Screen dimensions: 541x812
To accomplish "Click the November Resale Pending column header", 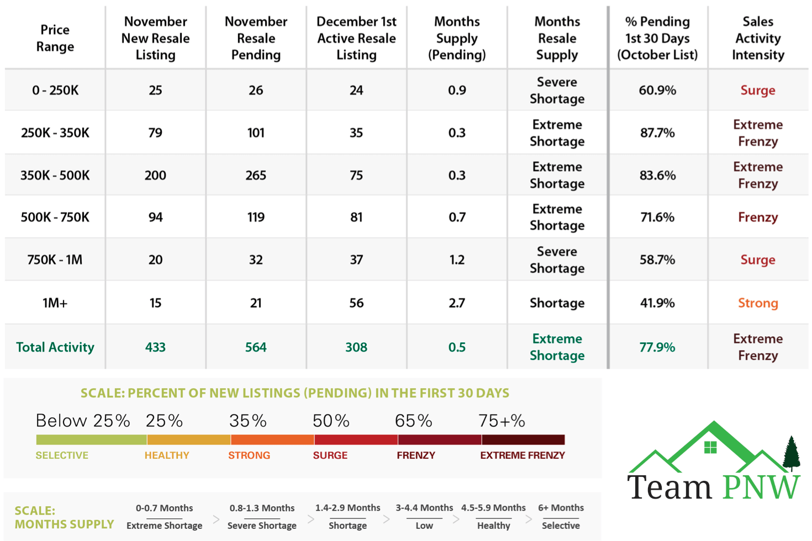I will (x=256, y=38).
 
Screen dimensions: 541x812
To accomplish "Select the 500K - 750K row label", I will (x=55, y=217).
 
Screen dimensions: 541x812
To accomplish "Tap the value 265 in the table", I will (x=256, y=175).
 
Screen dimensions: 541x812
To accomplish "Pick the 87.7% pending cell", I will (x=657, y=132).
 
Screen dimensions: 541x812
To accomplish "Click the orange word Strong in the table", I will (x=757, y=303).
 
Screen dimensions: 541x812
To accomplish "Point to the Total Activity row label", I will (x=55, y=347).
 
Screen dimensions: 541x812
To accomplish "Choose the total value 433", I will (x=155, y=347).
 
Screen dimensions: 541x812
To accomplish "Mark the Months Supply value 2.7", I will (x=457, y=303).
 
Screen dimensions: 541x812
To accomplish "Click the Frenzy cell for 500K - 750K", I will (x=757, y=217).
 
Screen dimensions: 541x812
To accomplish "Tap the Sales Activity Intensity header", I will (x=757, y=38).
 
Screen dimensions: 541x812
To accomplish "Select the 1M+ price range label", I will (x=55, y=303).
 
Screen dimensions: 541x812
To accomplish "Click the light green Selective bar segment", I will (x=91, y=439).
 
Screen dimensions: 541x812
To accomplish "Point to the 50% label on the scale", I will (x=331, y=421).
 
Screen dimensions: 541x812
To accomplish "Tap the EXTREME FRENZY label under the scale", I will (x=522, y=455).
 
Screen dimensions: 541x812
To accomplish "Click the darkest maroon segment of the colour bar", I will (x=523, y=439).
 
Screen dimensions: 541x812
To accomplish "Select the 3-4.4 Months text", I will (x=424, y=507).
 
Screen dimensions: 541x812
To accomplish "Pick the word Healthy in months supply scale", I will (x=493, y=526).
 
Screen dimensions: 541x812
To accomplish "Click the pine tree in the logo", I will (x=792, y=453).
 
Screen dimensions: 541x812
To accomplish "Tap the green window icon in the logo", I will (x=710, y=447).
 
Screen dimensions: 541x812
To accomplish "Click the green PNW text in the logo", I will (x=761, y=487).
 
